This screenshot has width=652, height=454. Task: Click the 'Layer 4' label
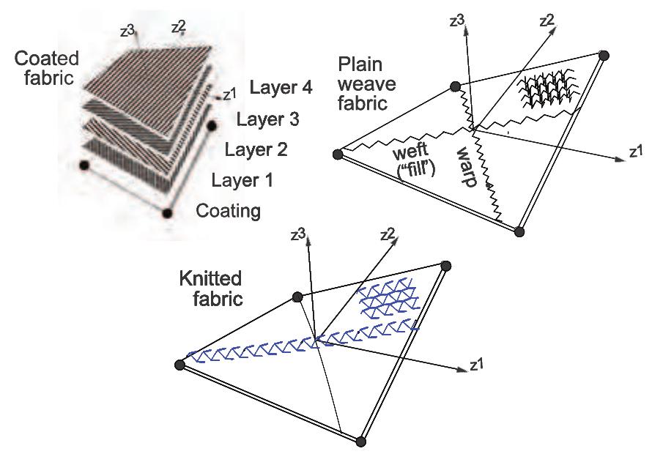click(281, 88)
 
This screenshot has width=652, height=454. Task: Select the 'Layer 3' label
click(272, 119)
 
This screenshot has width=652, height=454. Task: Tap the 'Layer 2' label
click(256, 150)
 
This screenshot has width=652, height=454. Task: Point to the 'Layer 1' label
click(242, 180)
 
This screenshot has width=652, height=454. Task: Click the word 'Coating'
click(229, 212)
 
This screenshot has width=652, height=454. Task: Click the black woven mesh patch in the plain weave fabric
click(546, 92)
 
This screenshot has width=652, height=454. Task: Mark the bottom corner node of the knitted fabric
click(360, 441)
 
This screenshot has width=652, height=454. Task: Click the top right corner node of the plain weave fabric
click(604, 54)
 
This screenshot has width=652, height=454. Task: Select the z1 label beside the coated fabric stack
click(228, 94)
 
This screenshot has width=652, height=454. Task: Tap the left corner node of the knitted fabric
click(179, 364)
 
